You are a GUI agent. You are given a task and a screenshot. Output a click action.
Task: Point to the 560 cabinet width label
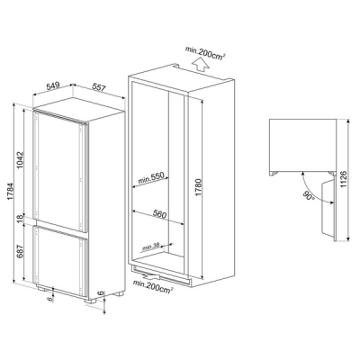tap(159, 215)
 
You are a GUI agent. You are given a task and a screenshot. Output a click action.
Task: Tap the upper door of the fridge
tap(59, 166)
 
